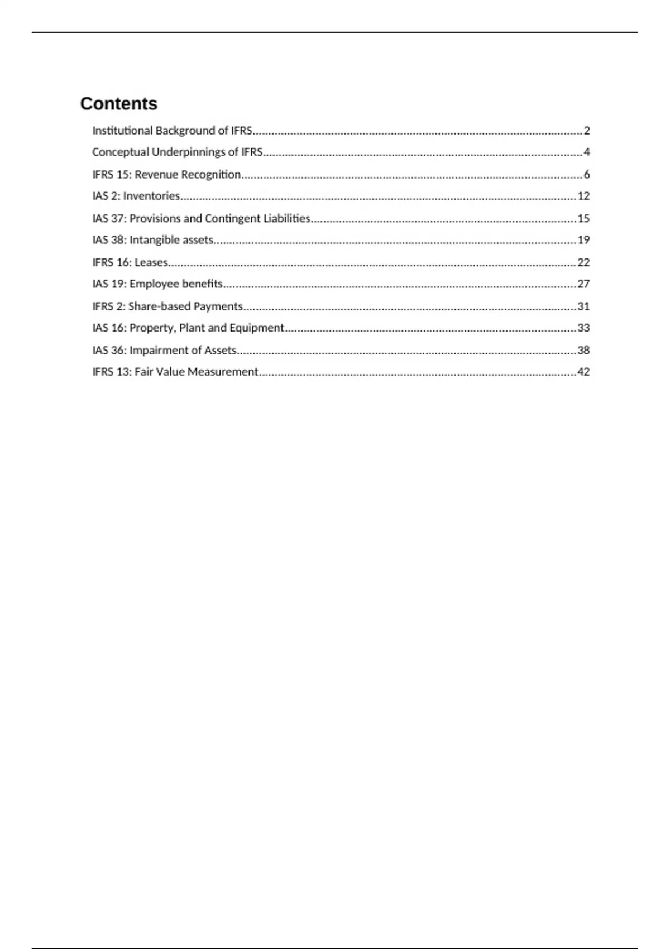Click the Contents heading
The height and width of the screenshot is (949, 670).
[118, 103]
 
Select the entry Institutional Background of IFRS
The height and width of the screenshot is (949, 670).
[172, 131]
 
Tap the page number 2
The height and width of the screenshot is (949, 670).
[586, 131]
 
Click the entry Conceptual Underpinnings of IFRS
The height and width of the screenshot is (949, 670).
[177, 152]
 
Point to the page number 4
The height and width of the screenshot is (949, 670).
[586, 152]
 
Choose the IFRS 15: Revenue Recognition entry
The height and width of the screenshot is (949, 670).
[166, 175]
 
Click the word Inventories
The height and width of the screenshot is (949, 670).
[151, 196]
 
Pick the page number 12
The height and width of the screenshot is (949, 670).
[583, 196]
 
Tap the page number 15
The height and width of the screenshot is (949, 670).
[583, 218]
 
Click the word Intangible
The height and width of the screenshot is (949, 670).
[147, 240]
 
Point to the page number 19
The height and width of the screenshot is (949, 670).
[583, 240]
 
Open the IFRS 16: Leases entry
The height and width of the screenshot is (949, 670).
[130, 262]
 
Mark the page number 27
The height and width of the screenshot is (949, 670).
[583, 284]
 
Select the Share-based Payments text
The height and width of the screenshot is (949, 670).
[185, 306]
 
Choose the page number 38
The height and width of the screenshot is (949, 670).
[583, 351]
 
